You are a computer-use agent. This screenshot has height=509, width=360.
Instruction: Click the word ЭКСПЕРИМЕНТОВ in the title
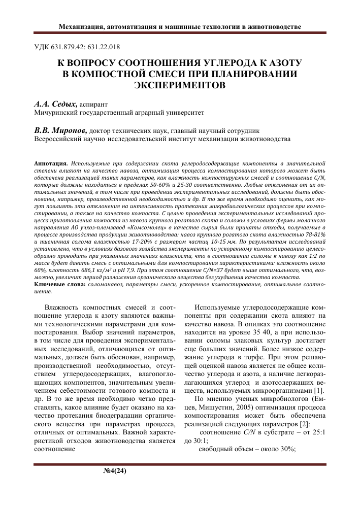click(x=180, y=85)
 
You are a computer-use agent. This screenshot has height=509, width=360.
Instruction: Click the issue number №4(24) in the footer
click(x=114, y=470)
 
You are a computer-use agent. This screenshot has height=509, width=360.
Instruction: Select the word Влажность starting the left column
click(x=62, y=308)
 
